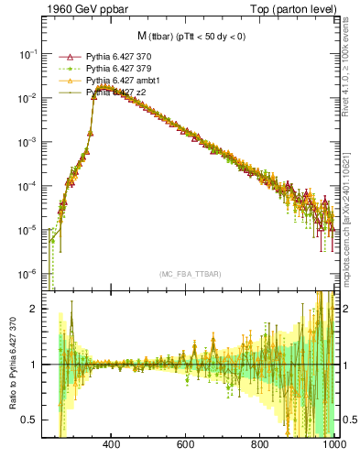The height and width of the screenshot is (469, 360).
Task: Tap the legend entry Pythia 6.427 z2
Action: (111, 93)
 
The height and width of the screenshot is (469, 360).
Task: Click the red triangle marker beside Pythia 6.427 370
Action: (65, 57)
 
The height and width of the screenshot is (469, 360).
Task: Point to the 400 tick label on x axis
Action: (112, 444)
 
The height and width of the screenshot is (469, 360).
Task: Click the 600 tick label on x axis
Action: (186, 444)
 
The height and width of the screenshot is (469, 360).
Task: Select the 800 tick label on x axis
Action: (260, 444)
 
